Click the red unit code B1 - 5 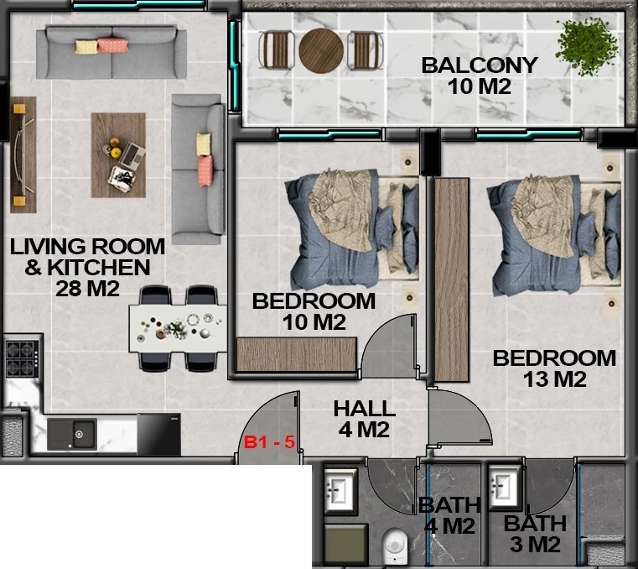coord(269,442)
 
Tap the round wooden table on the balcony coord(321,50)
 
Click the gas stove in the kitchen coord(23,358)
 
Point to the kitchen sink coord(72,434)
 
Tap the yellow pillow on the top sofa coord(86,47)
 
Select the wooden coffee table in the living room coord(118,154)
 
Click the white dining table coord(178,328)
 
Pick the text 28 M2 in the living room coord(87,289)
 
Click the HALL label coord(364,409)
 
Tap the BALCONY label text coord(480,65)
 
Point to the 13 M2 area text coord(555,379)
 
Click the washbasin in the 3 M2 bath coord(505,486)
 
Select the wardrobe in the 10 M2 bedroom coord(297,354)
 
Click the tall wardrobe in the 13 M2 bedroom coord(452,279)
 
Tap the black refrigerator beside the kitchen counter coord(158,434)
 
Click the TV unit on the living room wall coord(23,154)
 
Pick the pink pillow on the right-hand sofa coord(205,170)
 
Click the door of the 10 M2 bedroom coord(389,345)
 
